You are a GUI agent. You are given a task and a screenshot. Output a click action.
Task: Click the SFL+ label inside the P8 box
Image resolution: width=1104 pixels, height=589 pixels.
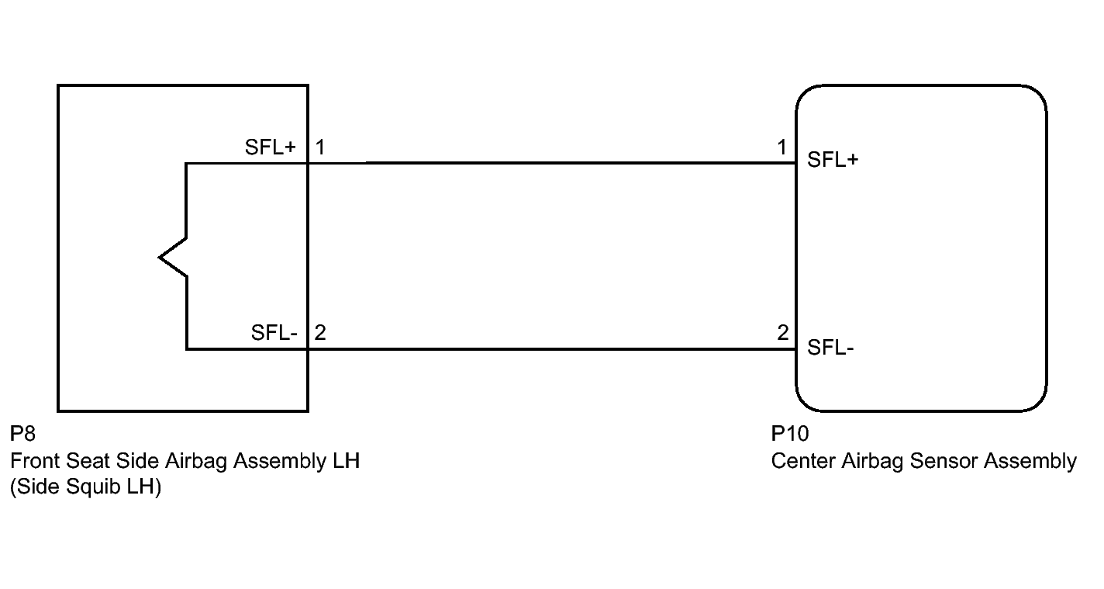[271, 147]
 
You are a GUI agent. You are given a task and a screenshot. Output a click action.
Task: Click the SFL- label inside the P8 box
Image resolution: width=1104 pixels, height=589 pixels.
[274, 332]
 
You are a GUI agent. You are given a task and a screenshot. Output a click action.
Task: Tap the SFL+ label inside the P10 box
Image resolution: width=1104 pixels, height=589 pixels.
[833, 160]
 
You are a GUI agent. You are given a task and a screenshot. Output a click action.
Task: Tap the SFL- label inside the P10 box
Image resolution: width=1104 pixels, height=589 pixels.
[830, 348]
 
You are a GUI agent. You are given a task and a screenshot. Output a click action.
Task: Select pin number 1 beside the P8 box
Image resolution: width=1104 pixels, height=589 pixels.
[320, 147]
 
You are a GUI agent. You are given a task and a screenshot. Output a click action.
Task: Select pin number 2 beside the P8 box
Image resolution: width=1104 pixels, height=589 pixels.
[320, 332]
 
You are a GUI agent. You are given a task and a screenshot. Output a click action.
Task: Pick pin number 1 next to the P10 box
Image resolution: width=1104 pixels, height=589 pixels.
[782, 147]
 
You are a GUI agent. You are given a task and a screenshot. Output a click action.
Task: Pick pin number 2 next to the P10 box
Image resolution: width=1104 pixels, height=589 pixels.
[783, 332]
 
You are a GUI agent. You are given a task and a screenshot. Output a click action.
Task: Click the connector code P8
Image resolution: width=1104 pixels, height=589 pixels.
[22, 434]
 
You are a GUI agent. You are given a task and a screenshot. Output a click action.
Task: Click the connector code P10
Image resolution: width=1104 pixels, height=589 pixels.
[790, 434]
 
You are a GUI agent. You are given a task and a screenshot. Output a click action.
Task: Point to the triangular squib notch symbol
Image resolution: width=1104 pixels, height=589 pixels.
[172, 258]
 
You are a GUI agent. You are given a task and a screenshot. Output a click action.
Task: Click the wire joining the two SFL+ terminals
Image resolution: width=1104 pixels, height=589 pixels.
[552, 163]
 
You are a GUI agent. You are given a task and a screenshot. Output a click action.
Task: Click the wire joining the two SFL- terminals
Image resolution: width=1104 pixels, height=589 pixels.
[552, 348]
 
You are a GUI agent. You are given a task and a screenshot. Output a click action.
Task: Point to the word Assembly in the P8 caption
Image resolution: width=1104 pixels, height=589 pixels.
[280, 461]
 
